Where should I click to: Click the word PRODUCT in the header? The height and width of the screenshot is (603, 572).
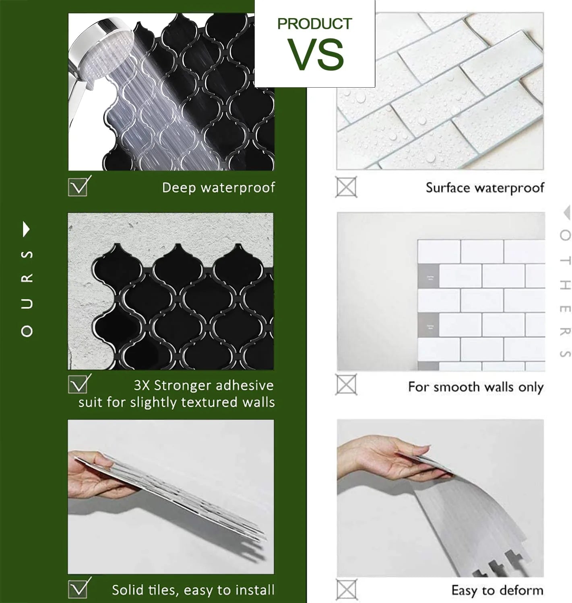click(314, 24)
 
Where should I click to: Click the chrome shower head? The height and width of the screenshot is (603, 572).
click(98, 52)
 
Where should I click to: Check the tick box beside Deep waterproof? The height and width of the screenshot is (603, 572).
click(78, 187)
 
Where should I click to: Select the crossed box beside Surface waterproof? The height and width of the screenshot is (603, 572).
click(346, 187)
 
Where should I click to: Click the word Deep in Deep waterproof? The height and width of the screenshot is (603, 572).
click(179, 188)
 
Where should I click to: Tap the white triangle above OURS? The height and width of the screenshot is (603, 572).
click(27, 229)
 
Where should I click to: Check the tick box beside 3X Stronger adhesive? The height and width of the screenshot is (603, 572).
click(78, 384)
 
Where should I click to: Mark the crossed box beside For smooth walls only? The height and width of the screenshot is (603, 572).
click(346, 384)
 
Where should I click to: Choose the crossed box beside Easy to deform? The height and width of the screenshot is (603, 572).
click(346, 589)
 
